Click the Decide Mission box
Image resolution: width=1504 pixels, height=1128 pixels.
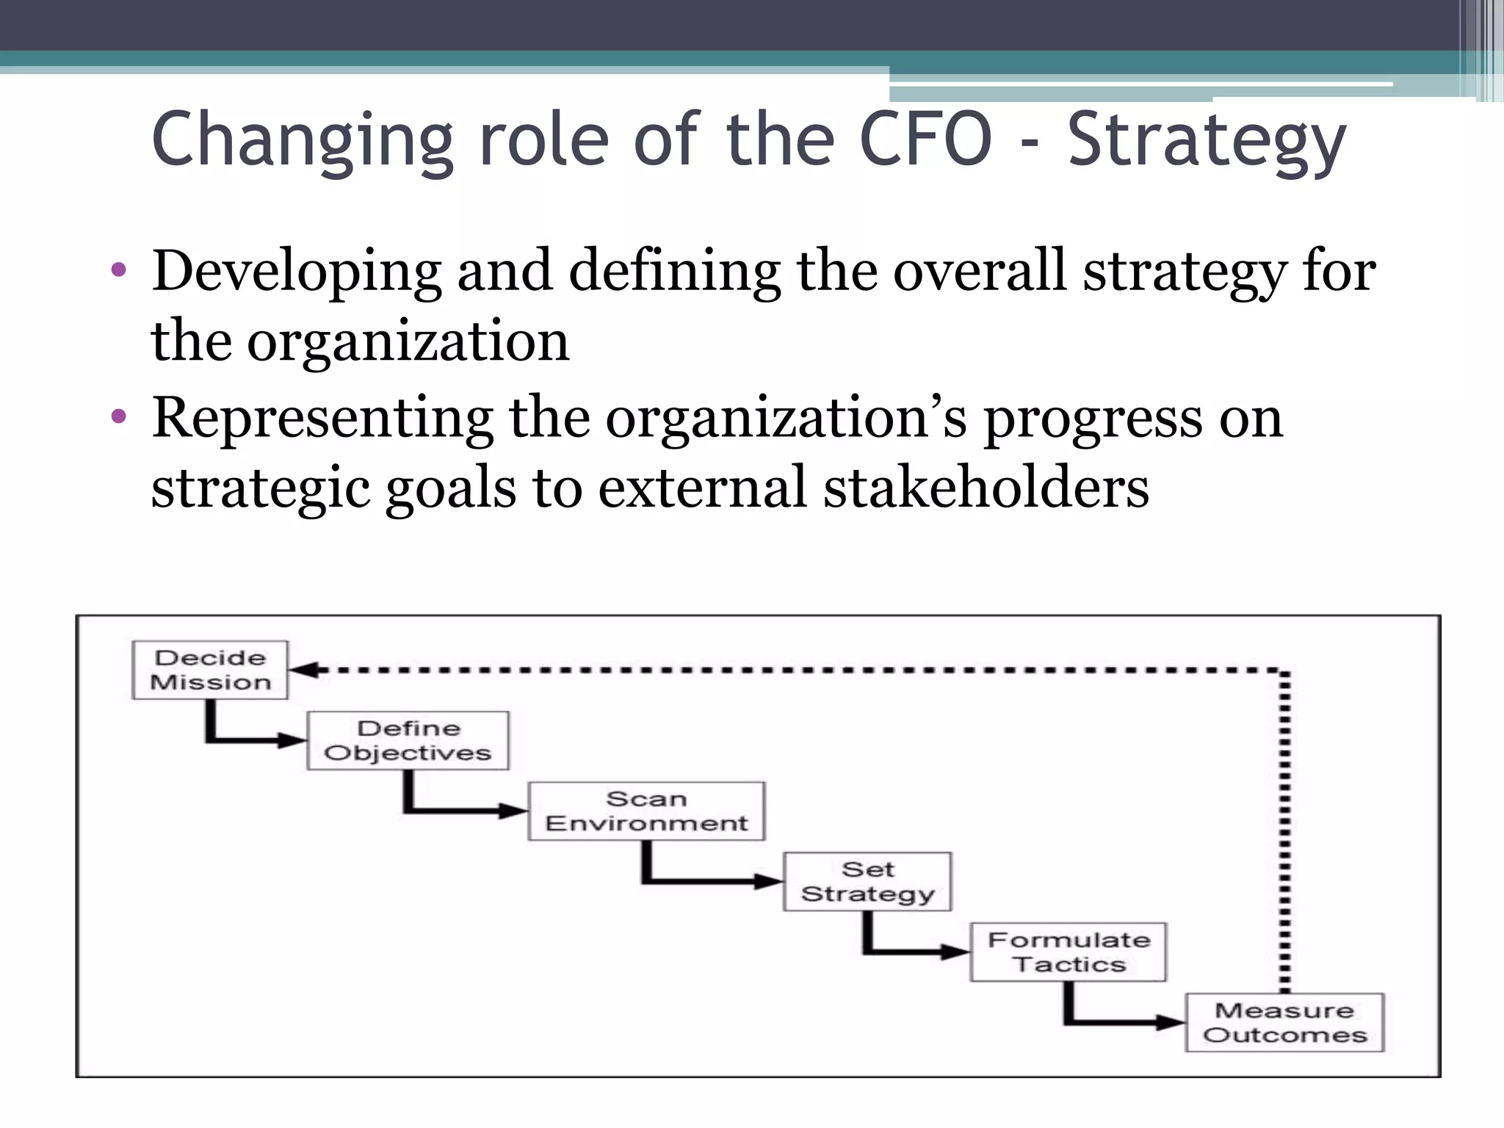pos(210,670)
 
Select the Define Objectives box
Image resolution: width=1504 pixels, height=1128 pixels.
pos(408,740)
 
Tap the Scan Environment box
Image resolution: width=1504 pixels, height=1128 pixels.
pos(646,811)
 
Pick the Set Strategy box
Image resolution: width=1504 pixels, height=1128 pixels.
pos(867,881)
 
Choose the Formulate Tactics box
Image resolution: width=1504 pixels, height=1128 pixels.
pos(1069,952)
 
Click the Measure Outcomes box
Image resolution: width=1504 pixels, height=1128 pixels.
pos(1284,1022)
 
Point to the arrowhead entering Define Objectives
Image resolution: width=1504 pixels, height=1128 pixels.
pos(294,740)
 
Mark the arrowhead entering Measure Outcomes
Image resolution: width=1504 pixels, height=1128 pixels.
pos(1172,1022)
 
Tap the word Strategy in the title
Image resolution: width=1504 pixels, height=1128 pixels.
pos(1207,141)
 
